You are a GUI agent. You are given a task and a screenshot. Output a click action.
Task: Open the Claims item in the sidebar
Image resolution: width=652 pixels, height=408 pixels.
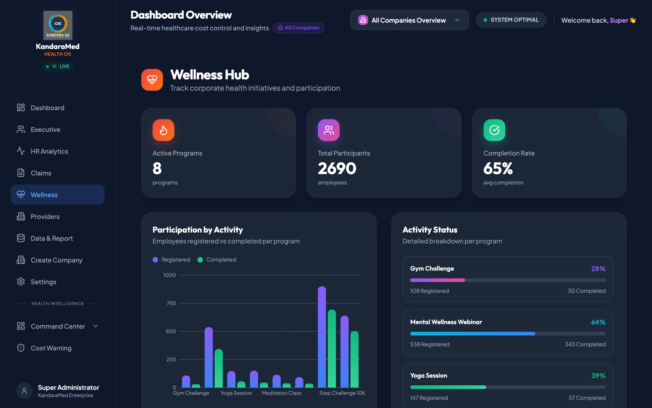[41, 173]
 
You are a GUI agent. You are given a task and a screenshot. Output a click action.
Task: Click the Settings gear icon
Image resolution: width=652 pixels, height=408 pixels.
[21, 282]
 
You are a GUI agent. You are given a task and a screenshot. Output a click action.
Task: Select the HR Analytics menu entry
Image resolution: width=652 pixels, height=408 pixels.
[49, 151]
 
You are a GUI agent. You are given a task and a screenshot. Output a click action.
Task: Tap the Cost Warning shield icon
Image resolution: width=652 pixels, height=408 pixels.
[21, 348]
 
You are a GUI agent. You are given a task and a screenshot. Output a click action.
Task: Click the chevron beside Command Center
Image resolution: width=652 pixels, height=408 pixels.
[95, 326]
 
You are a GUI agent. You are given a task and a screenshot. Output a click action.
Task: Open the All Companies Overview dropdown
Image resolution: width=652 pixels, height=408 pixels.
[409, 20]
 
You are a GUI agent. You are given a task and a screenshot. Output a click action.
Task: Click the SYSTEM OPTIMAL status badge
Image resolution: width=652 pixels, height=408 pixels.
[511, 20]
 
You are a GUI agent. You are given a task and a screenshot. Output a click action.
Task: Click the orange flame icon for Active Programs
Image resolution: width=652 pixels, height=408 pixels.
[163, 130]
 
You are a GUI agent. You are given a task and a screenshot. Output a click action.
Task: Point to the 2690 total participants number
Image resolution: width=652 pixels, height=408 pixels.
[337, 168]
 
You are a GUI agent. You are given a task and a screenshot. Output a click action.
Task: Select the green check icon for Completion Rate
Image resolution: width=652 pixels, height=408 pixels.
[494, 130]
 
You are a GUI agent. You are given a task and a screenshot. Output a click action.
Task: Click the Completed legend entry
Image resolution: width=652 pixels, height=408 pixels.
[217, 260]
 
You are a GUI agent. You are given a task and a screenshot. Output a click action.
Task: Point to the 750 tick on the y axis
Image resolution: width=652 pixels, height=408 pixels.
[171, 303]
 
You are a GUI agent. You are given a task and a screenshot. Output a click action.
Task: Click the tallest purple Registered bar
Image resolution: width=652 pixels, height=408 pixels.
[322, 337]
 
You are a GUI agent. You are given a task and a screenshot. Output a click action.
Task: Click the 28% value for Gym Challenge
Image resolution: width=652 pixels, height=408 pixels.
[598, 269]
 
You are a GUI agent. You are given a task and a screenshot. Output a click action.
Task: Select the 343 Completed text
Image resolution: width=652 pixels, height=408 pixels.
[585, 344]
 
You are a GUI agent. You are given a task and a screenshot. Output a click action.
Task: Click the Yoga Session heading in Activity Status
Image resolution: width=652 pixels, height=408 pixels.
[428, 375]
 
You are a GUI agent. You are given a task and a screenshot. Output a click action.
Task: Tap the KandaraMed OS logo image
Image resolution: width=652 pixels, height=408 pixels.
[58, 25]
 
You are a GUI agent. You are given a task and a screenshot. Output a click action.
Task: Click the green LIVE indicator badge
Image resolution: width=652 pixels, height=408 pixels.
[58, 66]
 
